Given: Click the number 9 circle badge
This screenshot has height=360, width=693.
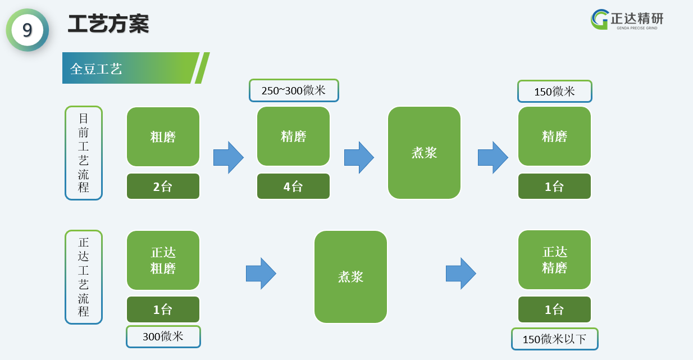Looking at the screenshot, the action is pyautogui.click(x=28, y=30).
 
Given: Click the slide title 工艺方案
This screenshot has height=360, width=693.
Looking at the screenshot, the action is pyautogui.click(x=108, y=24).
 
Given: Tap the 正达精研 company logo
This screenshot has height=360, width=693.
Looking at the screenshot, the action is pyautogui.click(x=627, y=20).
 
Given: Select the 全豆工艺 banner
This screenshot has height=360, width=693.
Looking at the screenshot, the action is pyautogui.click(x=136, y=68).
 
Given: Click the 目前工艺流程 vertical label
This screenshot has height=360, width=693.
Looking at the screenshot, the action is pyautogui.click(x=84, y=153).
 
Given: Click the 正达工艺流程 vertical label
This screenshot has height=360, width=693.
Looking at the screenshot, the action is pyautogui.click(x=84, y=277).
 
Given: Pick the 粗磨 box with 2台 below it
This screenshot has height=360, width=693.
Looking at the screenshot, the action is pyautogui.click(x=163, y=136).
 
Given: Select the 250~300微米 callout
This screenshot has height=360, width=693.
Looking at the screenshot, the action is pyautogui.click(x=294, y=90).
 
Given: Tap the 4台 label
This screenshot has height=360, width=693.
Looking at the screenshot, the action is pyautogui.click(x=293, y=186).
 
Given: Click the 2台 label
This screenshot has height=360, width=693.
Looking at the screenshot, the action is pyautogui.click(x=163, y=186).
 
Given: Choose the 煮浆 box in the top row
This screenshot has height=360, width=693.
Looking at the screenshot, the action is pyautogui.click(x=424, y=153).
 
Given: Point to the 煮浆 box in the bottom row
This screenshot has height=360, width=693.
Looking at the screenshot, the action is pyautogui.click(x=350, y=277).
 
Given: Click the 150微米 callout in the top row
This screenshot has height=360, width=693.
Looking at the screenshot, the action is pyautogui.click(x=555, y=91).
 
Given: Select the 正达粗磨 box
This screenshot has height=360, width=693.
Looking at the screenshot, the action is pyautogui.click(x=163, y=261).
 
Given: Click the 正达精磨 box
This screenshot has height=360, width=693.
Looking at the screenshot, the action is pyautogui.click(x=554, y=260).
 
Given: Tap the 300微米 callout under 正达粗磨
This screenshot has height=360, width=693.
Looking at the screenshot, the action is pyautogui.click(x=163, y=336).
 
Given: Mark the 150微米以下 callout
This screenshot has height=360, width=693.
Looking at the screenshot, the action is pyautogui.click(x=555, y=339).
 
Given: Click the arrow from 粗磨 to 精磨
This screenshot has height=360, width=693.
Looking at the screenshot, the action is pyautogui.click(x=229, y=157).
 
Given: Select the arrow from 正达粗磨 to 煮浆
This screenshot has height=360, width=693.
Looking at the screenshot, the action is pyautogui.click(x=261, y=274).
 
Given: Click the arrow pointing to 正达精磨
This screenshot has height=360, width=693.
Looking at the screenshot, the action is pyautogui.click(x=461, y=274).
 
